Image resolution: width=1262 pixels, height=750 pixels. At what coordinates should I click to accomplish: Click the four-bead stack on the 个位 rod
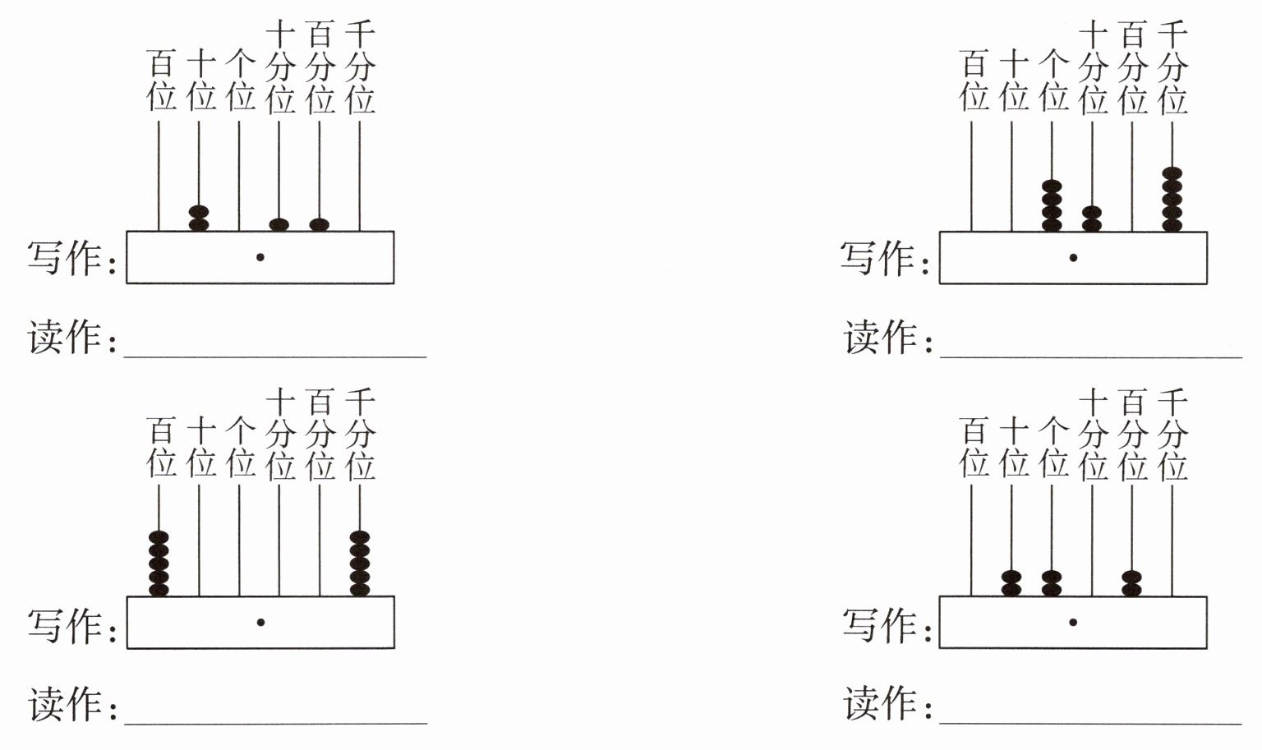[1052, 205]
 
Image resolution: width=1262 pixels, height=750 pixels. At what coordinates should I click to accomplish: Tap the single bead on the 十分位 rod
[279, 225]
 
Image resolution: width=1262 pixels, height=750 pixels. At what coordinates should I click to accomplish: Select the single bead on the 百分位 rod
[319, 225]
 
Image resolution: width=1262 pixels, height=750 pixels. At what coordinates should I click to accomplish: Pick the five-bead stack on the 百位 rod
[159, 564]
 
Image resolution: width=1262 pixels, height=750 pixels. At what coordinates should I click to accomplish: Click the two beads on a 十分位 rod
[1092, 219]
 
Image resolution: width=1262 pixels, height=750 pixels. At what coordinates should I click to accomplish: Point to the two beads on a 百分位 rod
[1132, 583]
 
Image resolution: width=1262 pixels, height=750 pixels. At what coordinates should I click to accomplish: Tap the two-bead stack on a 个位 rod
[1052, 583]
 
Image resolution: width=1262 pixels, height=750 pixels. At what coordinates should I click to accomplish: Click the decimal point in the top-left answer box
[260, 257]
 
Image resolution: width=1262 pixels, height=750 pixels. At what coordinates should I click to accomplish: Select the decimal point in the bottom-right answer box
[1073, 623]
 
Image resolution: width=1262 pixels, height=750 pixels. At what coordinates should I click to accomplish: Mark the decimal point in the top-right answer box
[1073, 258]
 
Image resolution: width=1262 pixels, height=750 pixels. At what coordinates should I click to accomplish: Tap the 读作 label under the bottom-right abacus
[879, 703]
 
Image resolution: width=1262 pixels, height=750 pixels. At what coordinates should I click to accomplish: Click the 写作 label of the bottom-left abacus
[64, 625]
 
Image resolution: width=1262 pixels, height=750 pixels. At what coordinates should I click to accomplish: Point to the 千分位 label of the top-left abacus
[360, 67]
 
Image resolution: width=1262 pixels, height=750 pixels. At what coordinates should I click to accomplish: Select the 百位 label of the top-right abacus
[974, 80]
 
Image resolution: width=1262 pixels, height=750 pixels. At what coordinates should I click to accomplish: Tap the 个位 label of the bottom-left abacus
[241, 447]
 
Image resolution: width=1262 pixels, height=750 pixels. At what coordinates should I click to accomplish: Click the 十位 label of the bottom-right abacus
[1014, 447]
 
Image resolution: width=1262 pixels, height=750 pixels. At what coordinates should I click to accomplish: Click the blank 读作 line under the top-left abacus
[275, 357]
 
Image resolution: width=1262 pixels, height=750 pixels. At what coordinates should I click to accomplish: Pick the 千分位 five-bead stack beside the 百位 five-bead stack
[360, 564]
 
